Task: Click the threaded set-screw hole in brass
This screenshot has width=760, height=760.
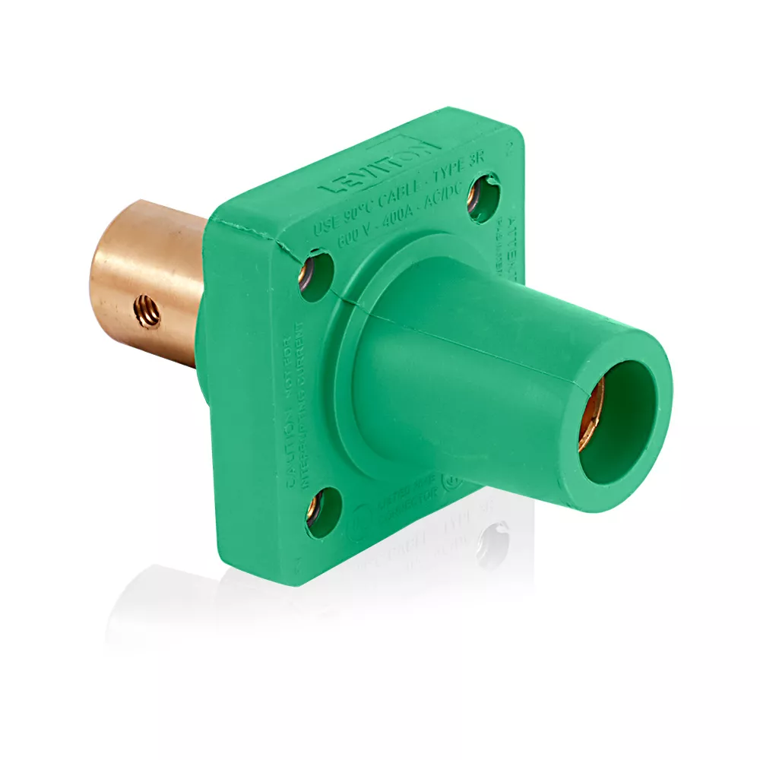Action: pos(144,308)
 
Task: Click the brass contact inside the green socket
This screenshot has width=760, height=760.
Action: pos(591,414)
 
